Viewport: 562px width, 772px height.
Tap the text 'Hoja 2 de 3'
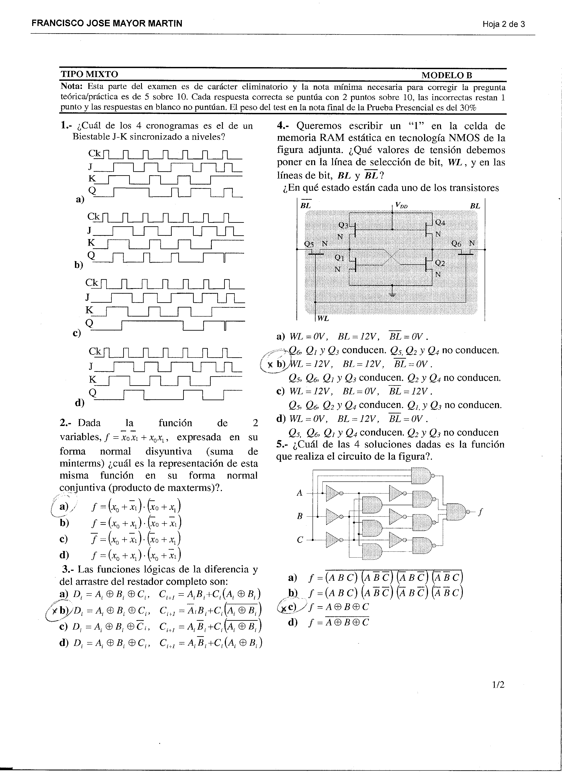tap(503, 24)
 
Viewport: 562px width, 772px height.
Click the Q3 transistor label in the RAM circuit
tap(343, 225)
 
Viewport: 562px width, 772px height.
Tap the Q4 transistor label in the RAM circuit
tap(440, 223)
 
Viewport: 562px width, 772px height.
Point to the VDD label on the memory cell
tap(401, 205)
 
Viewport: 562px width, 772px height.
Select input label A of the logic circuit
tap(300, 493)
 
